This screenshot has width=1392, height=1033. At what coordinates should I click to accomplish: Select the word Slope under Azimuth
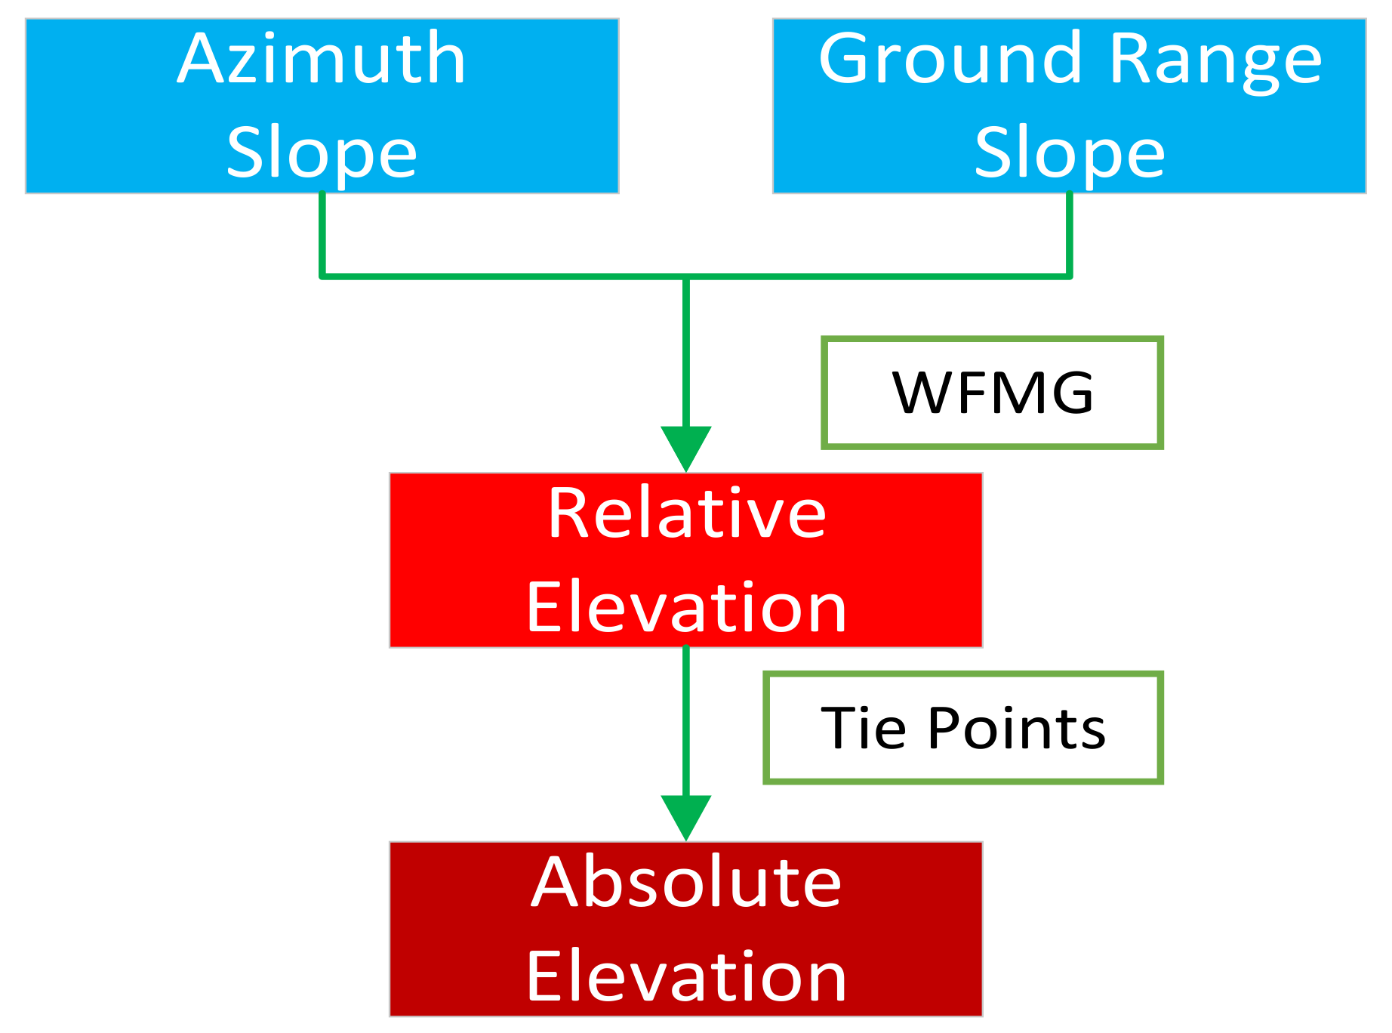pos(322,153)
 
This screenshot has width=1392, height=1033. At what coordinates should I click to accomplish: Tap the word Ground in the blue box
pos(950,60)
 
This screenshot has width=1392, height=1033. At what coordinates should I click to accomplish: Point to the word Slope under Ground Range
pos(1070,153)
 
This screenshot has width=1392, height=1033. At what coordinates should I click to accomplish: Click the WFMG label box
pos(992,393)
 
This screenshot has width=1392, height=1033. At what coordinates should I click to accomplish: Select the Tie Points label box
pos(963,728)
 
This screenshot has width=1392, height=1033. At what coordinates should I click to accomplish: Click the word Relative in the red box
pos(686,513)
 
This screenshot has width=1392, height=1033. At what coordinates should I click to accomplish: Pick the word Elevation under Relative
pos(686,608)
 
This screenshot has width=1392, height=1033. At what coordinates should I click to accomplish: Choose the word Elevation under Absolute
pos(686,976)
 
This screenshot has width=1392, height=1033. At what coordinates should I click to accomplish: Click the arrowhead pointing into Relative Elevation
pos(686,448)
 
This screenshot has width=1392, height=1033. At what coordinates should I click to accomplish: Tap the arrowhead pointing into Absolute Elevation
pos(686,816)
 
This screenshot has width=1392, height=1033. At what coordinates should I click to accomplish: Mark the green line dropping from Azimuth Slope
pos(322,234)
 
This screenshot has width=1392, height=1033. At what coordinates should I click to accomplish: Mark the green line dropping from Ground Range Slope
pos(1070,234)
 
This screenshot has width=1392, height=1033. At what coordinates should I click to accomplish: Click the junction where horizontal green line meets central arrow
pos(686,277)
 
